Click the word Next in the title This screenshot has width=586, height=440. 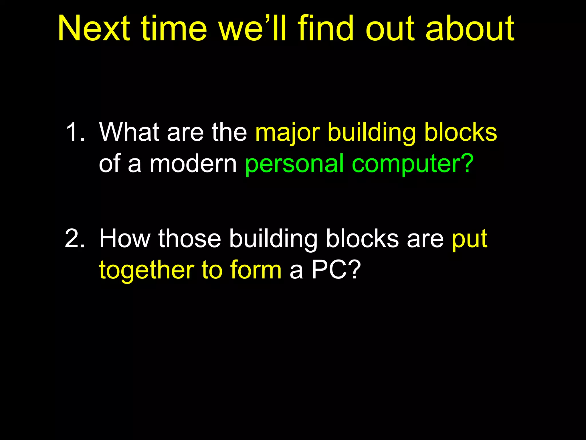click(94, 29)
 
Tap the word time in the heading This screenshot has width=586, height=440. click(174, 29)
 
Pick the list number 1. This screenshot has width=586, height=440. click(75, 132)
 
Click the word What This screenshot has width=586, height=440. click(129, 132)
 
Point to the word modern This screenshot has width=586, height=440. click(193, 164)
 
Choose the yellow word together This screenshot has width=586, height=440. click(146, 270)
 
